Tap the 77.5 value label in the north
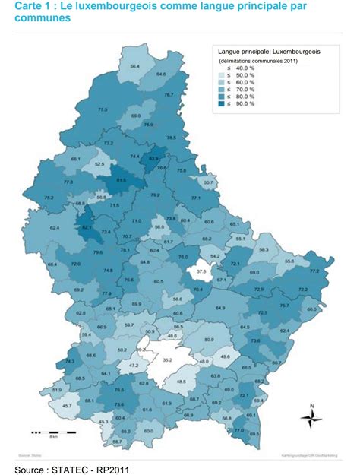(103, 110)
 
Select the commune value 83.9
(154, 159)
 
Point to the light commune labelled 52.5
(99, 163)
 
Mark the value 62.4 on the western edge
(54, 227)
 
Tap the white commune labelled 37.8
(201, 271)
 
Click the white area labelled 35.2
(168, 360)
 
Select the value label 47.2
(133, 366)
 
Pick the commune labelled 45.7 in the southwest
(67, 406)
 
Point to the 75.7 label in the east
(283, 306)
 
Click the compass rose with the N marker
(311, 417)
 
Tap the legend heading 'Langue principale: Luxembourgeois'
(269, 52)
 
